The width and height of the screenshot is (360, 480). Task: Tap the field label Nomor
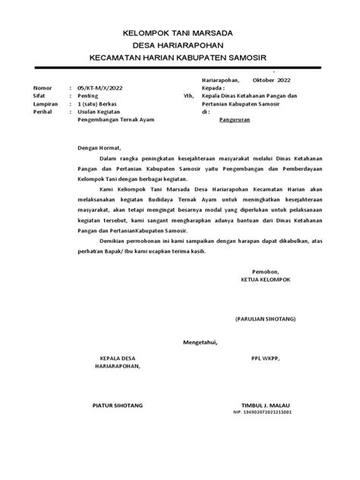[x=40, y=88]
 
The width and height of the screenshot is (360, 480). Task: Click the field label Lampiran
[x=43, y=104]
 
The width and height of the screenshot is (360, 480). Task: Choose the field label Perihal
[x=42, y=112]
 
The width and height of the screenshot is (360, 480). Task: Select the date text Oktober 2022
[x=270, y=80]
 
